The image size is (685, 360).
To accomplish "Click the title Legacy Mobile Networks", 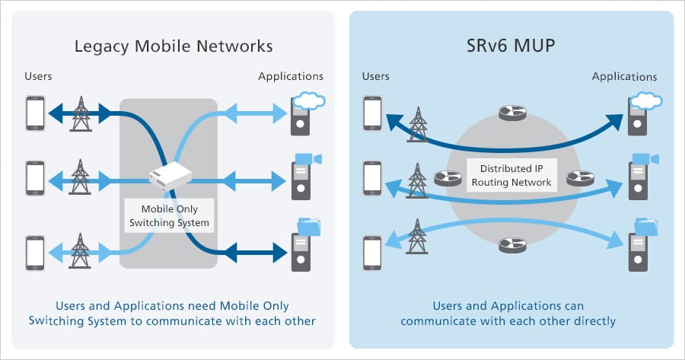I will point(174,46).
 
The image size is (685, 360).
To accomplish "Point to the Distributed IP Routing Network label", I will point(511,176).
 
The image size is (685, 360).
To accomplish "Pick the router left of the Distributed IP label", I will point(448,179).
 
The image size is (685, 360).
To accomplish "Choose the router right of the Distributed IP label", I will point(578,179).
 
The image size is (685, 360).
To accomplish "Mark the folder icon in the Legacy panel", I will point(309,225).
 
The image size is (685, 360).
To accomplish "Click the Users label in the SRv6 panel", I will point(375,76).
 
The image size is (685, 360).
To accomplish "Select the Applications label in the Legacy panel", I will point(291,76).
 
